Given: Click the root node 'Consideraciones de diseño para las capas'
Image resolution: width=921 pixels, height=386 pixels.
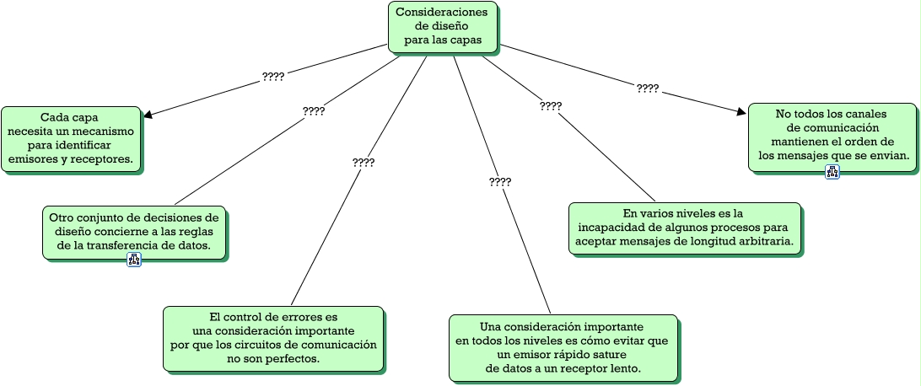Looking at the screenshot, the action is click(x=442, y=26).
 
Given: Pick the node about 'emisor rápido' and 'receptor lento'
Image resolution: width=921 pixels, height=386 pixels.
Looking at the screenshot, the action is click(x=563, y=347).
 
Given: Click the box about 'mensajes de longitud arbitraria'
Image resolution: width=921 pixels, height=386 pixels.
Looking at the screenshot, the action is click(x=684, y=228).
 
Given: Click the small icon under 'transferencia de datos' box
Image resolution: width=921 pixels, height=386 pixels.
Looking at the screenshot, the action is click(x=134, y=260).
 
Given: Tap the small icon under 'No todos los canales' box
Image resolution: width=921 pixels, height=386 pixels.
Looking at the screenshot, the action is click(x=832, y=173).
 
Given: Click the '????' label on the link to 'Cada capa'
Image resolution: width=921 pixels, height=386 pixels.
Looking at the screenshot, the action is click(x=273, y=77).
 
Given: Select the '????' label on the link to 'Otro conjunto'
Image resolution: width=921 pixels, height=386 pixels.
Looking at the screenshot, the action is click(x=314, y=110).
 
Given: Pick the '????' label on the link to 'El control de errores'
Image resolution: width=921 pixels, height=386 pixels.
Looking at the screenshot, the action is click(x=364, y=163).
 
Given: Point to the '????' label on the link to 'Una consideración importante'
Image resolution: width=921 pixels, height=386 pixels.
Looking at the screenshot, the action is click(x=500, y=182).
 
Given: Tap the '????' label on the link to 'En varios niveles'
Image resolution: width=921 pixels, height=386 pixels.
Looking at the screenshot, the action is click(x=551, y=106).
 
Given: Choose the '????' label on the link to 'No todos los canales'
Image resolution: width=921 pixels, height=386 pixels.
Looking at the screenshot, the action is click(x=648, y=88).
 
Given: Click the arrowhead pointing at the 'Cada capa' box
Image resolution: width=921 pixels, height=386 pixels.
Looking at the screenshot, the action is click(x=148, y=114).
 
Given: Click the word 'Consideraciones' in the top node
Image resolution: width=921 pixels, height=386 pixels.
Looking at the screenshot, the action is click(x=442, y=13).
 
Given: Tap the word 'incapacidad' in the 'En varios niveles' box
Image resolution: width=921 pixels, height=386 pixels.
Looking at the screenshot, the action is click(x=611, y=228).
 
